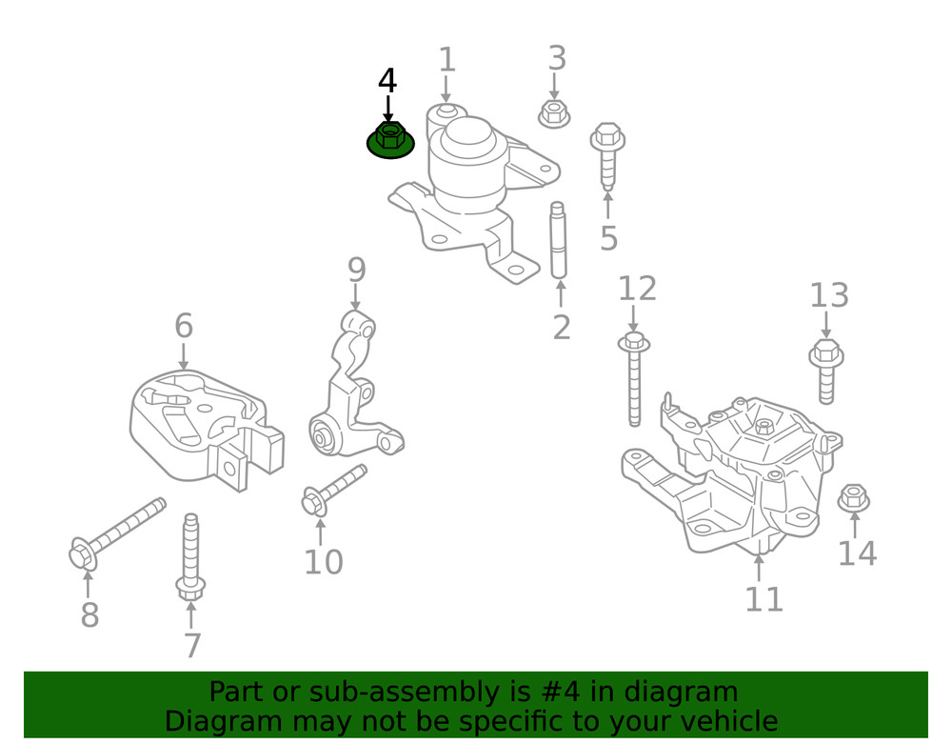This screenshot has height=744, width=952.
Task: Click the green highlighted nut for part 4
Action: pyautogui.click(x=390, y=140)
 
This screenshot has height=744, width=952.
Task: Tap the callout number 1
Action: pyautogui.click(x=446, y=61)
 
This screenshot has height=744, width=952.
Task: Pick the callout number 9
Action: pyautogui.click(x=356, y=270)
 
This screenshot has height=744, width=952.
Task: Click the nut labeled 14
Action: pyautogui.click(x=853, y=497)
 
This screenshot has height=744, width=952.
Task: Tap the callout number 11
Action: pyautogui.click(x=764, y=599)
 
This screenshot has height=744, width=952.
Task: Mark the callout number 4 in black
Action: pyautogui.click(x=387, y=81)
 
